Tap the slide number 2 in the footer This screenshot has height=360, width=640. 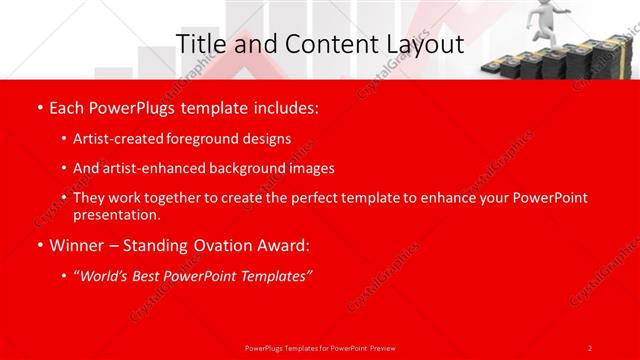coord(590,347)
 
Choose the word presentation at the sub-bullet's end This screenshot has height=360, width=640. coord(115,215)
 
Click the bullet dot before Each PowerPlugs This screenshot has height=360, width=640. coord(39,106)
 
